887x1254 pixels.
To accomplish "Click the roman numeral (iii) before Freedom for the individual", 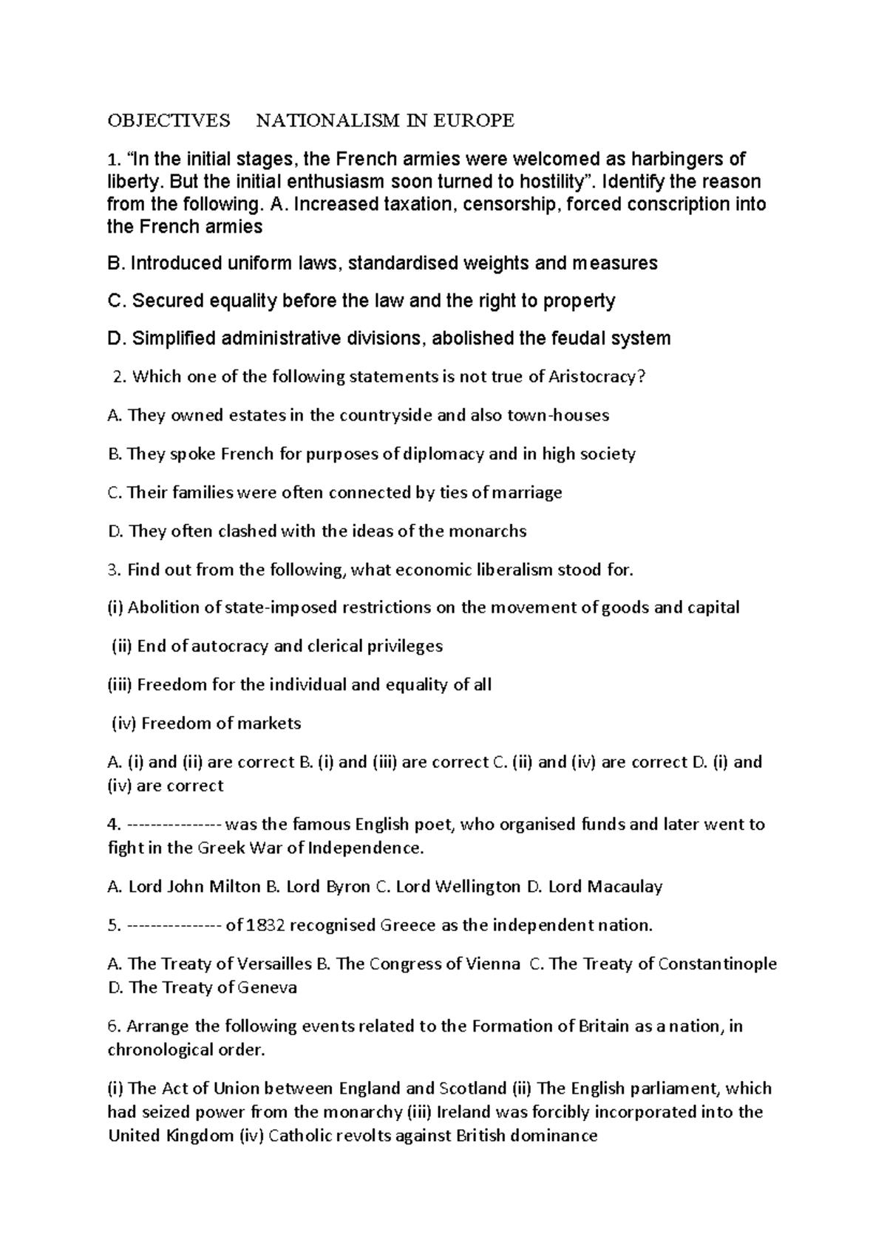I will pos(120,684).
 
